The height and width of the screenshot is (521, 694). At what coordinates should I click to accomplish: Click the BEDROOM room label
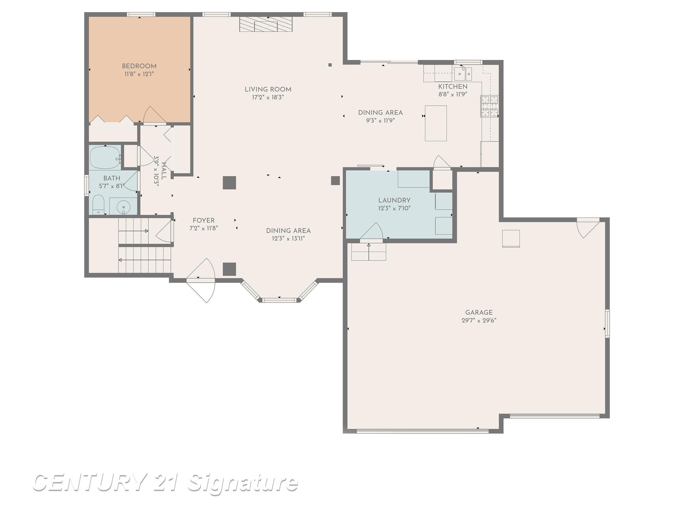[139, 66]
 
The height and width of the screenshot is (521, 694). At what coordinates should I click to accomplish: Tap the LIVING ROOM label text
[268, 90]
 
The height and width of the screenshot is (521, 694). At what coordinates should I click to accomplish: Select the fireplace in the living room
[266, 24]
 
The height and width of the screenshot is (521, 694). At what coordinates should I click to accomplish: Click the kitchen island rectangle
[436, 123]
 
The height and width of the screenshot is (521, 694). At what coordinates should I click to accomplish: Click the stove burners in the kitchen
[489, 106]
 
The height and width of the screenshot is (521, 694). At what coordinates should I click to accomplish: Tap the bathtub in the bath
[105, 157]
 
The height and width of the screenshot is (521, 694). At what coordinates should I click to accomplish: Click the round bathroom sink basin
[124, 207]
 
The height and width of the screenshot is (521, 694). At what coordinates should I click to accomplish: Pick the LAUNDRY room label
[394, 200]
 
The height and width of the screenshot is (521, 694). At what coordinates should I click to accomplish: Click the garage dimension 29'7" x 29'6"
[478, 321]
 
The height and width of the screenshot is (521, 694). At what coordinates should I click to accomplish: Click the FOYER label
[203, 220]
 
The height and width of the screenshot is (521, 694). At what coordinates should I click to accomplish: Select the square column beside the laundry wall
[335, 180]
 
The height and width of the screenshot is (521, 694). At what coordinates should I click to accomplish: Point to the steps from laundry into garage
[368, 252]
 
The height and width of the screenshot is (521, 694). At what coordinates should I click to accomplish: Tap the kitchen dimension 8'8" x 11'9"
[453, 95]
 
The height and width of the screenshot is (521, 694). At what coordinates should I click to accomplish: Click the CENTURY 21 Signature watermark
[165, 483]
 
